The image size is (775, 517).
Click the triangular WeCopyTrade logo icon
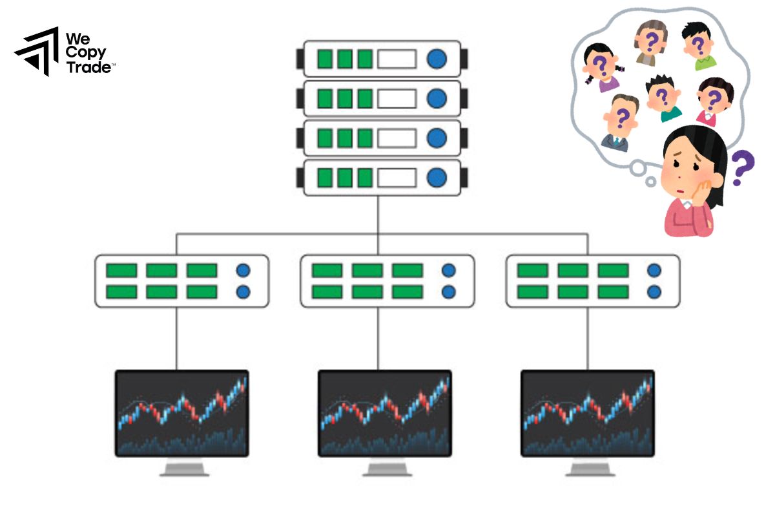(x=36, y=52)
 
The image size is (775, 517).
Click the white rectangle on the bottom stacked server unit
(x=397, y=177)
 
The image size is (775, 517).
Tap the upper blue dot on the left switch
(x=243, y=270)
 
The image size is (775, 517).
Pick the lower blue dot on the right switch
(x=654, y=291)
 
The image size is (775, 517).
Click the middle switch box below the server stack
(x=387, y=280)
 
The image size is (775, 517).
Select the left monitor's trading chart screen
(x=181, y=412)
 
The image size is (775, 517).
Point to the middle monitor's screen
(x=385, y=412)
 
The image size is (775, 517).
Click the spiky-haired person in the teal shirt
(x=661, y=97)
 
